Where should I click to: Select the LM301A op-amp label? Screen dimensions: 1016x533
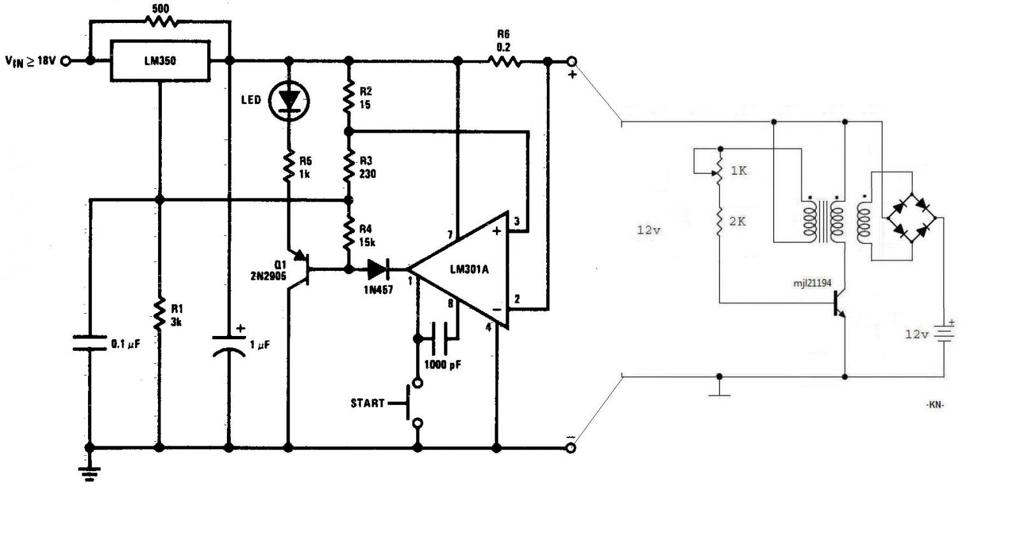[x=469, y=270]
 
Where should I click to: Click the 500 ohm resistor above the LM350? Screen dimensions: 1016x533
[x=161, y=21]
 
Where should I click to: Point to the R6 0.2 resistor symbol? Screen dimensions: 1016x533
[x=504, y=61]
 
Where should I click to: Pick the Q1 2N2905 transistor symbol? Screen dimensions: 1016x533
[x=300, y=270]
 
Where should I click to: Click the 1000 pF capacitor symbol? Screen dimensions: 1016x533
[x=440, y=339]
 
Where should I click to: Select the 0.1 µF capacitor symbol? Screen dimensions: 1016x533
[x=90, y=343]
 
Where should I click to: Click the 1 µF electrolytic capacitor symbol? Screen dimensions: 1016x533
[x=229, y=346]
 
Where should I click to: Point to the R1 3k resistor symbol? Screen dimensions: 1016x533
[x=159, y=314]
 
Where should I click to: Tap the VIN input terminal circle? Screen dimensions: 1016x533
[x=66, y=61]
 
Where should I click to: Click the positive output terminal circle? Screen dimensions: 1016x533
[x=572, y=61]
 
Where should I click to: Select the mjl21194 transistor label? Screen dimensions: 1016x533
[x=812, y=283]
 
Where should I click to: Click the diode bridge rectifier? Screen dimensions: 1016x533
[x=911, y=218]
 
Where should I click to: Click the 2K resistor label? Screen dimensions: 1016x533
[x=737, y=221]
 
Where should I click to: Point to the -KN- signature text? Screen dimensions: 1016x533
[x=935, y=405]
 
